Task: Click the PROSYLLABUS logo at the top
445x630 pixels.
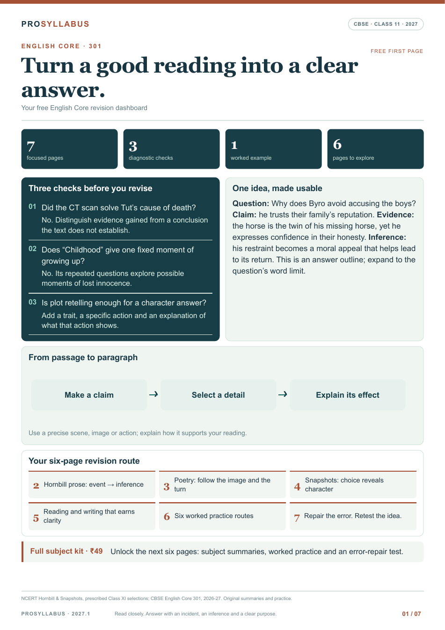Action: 55,24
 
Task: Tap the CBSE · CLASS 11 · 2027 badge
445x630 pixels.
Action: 386,24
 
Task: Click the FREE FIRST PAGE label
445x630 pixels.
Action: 397,51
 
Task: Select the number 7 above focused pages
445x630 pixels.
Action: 30,146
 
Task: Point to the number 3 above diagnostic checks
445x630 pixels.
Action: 133,146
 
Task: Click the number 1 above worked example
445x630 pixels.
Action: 234,145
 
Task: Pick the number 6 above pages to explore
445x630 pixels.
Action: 337,144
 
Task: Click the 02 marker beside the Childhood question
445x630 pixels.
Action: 33,249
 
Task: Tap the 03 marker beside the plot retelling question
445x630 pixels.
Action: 33,302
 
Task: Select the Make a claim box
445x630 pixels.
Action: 89,395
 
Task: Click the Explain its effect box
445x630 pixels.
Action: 348,395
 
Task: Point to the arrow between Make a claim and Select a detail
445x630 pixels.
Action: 153,394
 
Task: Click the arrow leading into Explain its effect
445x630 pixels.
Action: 283,394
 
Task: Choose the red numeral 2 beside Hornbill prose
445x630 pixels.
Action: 36,485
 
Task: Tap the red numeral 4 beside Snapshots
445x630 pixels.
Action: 297,486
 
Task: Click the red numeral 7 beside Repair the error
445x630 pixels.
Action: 297,518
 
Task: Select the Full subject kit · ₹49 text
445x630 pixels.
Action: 66,551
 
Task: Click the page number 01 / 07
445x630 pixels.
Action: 411,614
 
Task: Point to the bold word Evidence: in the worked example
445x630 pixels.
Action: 395,215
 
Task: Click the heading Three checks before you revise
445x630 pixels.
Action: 90,188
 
